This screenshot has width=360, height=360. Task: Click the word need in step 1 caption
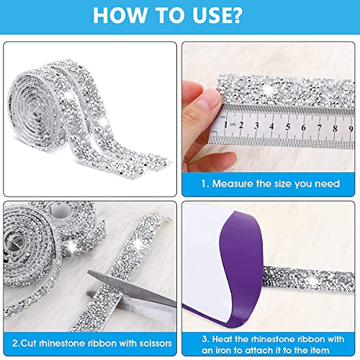(328, 184)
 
